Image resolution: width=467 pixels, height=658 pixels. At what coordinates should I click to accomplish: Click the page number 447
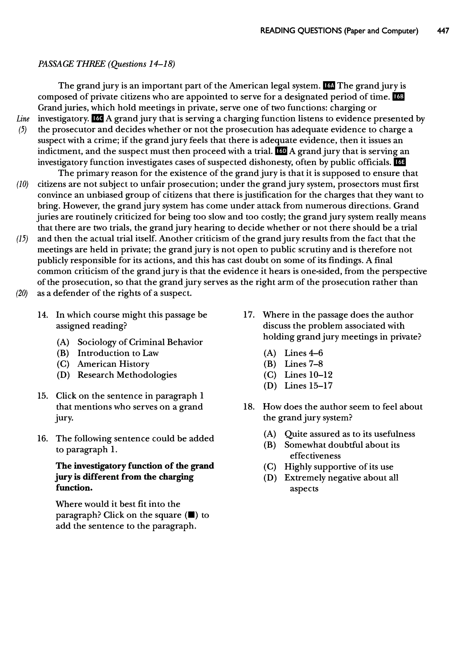pyautogui.click(x=443, y=31)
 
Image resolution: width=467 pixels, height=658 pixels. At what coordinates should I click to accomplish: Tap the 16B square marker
pyautogui.click(x=399, y=97)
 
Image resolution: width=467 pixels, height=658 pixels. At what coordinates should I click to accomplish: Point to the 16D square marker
pyautogui.click(x=281, y=151)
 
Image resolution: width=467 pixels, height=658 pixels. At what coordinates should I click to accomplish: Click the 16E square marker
pyautogui.click(x=400, y=162)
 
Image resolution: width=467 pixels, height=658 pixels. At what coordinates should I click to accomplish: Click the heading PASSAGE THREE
pyautogui.click(x=72, y=64)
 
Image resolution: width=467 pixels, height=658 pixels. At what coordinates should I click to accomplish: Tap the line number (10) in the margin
pyautogui.click(x=22, y=184)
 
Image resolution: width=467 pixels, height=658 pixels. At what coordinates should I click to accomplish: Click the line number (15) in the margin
pyautogui.click(x=22, y=239)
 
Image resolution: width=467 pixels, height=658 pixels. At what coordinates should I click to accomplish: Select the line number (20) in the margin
pyautogui.click(x=22, y=293)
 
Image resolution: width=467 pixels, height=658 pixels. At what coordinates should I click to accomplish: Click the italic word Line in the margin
pyautogui.click(x=23, y=119)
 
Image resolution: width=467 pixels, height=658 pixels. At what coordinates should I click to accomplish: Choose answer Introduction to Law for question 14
pyautogui.click(x=118, y=353)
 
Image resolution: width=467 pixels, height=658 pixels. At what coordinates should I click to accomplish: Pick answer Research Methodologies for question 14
pyautogui.click(x=127, y=375)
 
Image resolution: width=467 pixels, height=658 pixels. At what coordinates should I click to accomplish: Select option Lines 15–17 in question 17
pyautogui.click(x=308, y=386)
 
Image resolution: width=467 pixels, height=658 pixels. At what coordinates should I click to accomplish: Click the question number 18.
pyautogui.click(x=249, y=407)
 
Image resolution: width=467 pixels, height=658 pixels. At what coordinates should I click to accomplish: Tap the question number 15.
pyautogui.click(x=43, y=396)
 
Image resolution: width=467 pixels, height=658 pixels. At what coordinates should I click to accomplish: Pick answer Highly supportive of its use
pyautogui.click(x=339, y=466)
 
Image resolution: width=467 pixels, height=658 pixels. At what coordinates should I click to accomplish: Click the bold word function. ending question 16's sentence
pyautogui.click(x=74, y=488)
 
